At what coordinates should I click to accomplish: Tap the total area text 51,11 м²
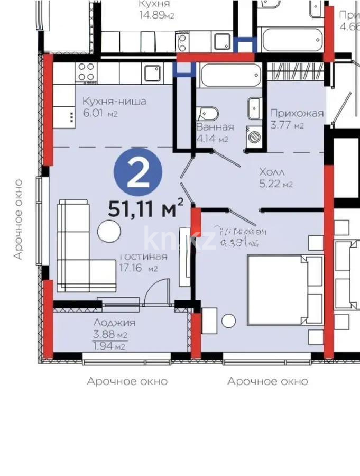coord(146,208)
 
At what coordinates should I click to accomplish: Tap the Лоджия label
coord(114,323)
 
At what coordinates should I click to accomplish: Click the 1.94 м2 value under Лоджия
coord(109,347)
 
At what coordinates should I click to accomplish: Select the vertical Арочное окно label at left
coord(19,219)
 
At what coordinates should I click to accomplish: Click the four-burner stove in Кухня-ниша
coord(86,72)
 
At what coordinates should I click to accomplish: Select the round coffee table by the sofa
coord(109,231)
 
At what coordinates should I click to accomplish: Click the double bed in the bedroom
coord(283,289)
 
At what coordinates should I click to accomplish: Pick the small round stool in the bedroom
coord(228,321)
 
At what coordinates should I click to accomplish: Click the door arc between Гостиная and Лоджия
coord(157,290)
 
